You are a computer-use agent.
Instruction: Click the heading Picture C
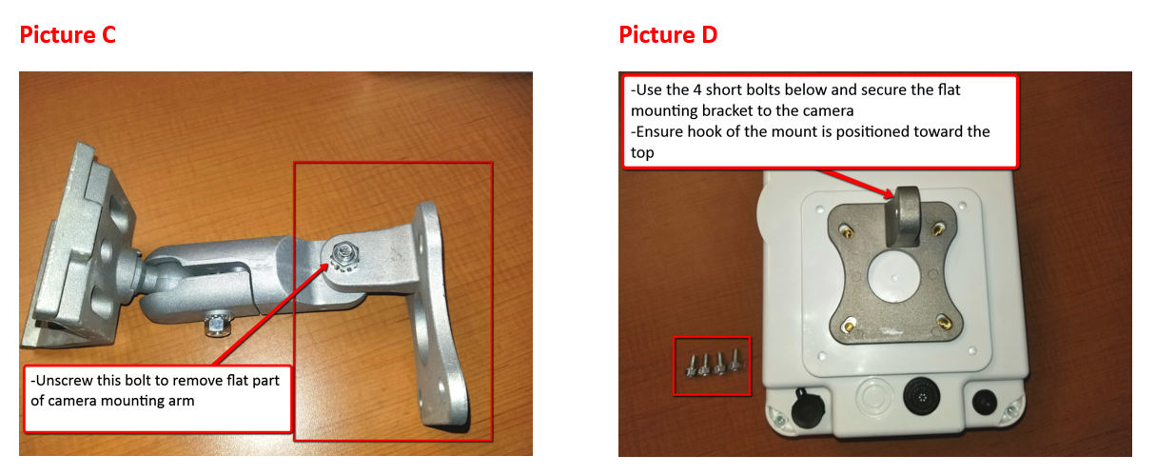click(x=68, y=35)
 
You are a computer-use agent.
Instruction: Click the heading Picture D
click(x=668, y=35)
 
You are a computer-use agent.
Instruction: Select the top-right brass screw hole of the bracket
click(x=939, y=228)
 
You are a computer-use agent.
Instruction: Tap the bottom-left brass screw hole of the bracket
click(x=848, y=326)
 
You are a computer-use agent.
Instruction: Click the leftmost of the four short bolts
click(x=692, y=366)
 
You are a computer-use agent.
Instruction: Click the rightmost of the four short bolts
click(x=735, y=360)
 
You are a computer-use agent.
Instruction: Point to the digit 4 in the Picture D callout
click(x=696, y=89)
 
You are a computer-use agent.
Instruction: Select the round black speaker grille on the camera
click(x=922, y=397)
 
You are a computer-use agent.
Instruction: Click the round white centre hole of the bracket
click(x=893, y=277)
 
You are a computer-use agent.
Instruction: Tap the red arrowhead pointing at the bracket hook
click(x=888, y=193)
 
